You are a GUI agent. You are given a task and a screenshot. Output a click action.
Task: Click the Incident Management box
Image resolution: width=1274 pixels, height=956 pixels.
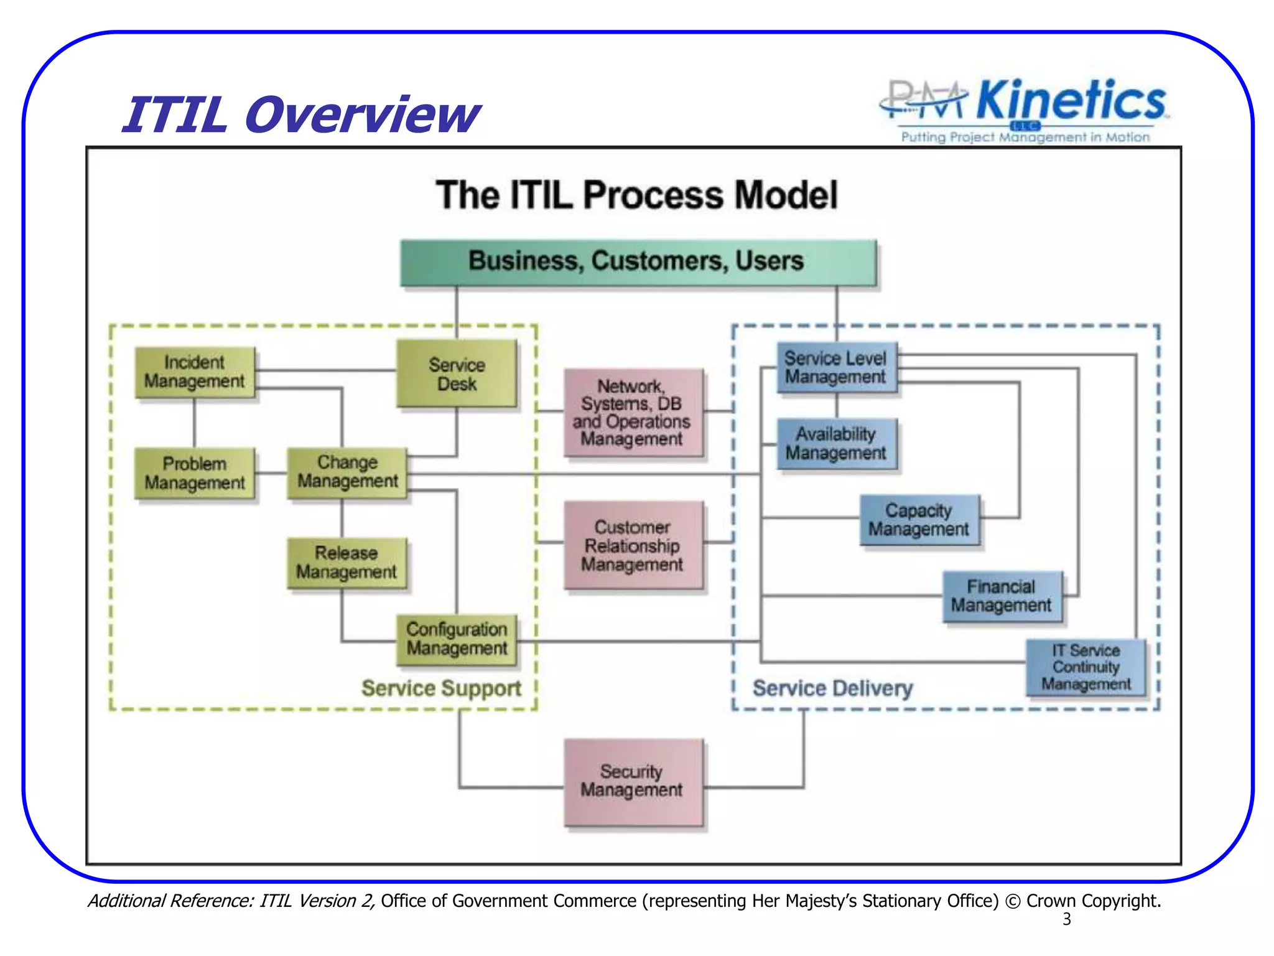(x=194, y=372)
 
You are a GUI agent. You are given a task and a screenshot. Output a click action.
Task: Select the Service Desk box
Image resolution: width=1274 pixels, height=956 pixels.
(x=457, y=373)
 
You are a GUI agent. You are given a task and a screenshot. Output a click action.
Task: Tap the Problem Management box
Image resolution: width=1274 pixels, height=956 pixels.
(x=194, y=473)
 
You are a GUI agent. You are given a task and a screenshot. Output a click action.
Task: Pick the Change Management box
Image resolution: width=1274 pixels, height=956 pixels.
(x=347, y=472)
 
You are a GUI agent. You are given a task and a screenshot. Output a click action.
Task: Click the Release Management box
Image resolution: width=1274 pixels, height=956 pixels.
(x=346, y=563)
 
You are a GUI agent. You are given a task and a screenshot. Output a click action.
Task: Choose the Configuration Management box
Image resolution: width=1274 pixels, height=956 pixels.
(x=457, y=639)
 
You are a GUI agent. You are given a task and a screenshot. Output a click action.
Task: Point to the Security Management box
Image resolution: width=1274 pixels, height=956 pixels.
(x=633, y=782)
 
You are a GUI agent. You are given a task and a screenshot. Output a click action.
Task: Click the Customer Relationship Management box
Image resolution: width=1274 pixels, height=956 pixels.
(x=633, y=545)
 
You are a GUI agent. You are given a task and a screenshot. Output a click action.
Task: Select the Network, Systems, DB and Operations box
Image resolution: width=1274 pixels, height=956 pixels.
(x=633, y=413)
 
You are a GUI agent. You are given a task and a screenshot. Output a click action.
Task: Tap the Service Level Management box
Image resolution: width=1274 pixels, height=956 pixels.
(x=836, y=367)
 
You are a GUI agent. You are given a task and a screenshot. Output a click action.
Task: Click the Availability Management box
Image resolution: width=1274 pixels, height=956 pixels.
(x=836, y=443)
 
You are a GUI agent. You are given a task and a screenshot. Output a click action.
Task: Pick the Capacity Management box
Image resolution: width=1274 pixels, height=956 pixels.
(x=919, y=520)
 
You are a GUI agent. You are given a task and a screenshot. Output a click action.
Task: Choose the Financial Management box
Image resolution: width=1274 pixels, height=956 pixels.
(x=1002, y=596)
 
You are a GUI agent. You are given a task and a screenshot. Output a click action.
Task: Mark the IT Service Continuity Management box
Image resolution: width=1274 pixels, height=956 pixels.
(x=1086, y=667)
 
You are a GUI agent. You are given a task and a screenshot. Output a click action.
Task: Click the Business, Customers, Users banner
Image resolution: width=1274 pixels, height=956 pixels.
(x=637, y=261)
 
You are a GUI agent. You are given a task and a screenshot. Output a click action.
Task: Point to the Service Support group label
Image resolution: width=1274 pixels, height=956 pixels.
(x=441, y=688)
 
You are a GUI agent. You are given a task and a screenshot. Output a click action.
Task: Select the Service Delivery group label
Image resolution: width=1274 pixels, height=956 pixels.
(x=832, y=688)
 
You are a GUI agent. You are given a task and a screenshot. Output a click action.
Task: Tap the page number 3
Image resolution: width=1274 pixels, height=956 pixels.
(x=1067, y=919)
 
